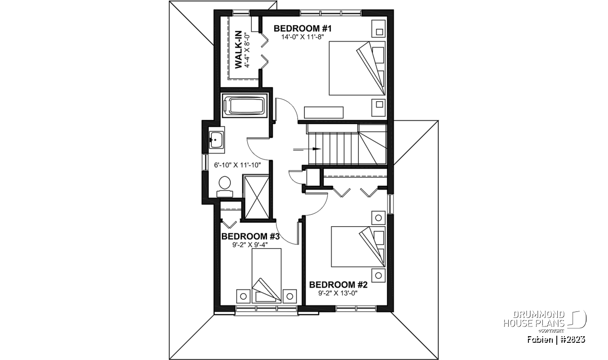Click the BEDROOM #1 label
[302, 28]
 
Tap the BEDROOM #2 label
[338, 285]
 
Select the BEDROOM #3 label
[250, 236]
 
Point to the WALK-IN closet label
[238, 50]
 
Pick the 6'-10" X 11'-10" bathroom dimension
[238, 165]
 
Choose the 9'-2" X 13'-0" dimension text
[338, 293]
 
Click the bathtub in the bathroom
[245, 106]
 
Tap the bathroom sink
[217, 140]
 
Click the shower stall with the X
[257, 197]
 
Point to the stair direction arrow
[307, 149]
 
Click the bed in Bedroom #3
[267, 275]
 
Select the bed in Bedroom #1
[357, 68]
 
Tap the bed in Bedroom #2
[358, 247]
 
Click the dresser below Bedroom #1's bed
[324, 112]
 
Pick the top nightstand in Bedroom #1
[378, 28]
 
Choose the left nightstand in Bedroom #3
[243, 296]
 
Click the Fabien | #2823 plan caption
[556, 339]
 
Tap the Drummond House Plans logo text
[534, 319]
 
